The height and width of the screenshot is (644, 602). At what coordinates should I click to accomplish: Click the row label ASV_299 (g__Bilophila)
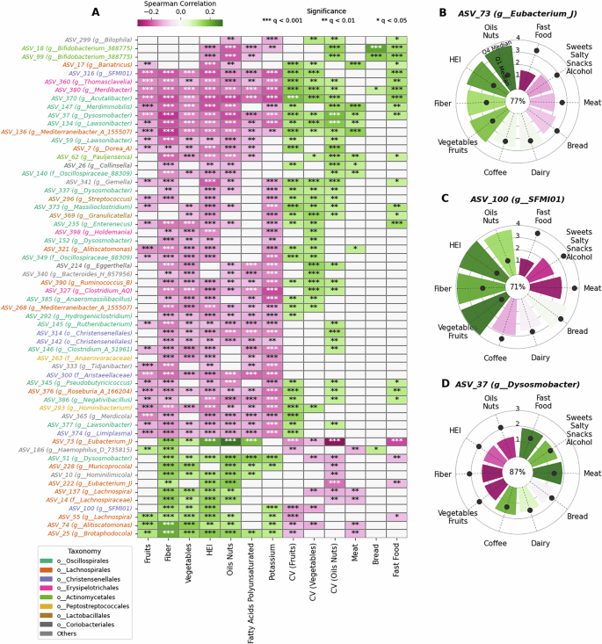[x=98, y=40]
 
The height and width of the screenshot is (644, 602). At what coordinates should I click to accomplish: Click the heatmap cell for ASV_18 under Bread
[x=376, y=48]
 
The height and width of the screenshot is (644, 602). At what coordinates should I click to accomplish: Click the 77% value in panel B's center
[x=517, y=101]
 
